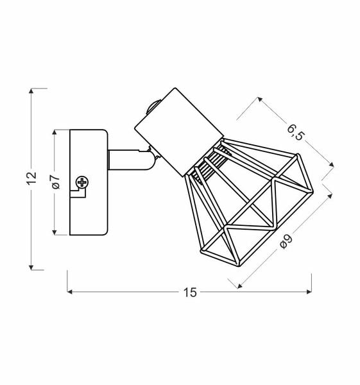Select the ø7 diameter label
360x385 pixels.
click(x=55, y=182)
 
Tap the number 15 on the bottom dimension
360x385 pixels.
click(x=189, y=293)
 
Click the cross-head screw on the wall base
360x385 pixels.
click(x=81, y=183)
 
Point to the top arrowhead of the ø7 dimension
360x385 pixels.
click(x=56, y=133)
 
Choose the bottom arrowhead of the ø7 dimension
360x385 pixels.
click(x=56, y=232)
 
